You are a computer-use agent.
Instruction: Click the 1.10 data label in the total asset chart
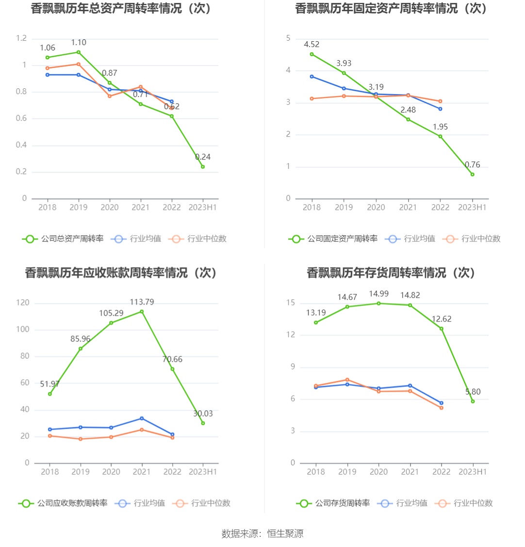(79, 43)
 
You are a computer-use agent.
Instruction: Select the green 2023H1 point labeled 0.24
(203, 166)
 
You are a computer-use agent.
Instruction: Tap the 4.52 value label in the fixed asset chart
(312, 45)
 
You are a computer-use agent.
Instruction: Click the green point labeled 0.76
(472, 174)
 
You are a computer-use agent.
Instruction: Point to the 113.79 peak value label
(142, 302)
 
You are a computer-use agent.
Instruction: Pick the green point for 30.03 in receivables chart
(203, 423)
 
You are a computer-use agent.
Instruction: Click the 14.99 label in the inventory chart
(378, 294)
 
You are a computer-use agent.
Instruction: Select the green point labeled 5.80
(473, 401)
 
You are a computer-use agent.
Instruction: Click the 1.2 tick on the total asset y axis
(21, 38)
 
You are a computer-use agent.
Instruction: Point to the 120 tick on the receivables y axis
(23, 303)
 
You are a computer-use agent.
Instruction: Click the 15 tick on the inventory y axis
(291, 303)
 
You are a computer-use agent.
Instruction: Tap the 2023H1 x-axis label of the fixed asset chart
(472, 208)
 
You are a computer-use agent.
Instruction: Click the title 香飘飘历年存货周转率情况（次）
(391, 273)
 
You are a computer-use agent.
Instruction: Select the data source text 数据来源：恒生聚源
(262, 534)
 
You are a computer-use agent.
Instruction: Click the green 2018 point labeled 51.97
(49, 394)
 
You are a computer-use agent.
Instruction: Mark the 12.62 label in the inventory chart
(442, 319)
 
